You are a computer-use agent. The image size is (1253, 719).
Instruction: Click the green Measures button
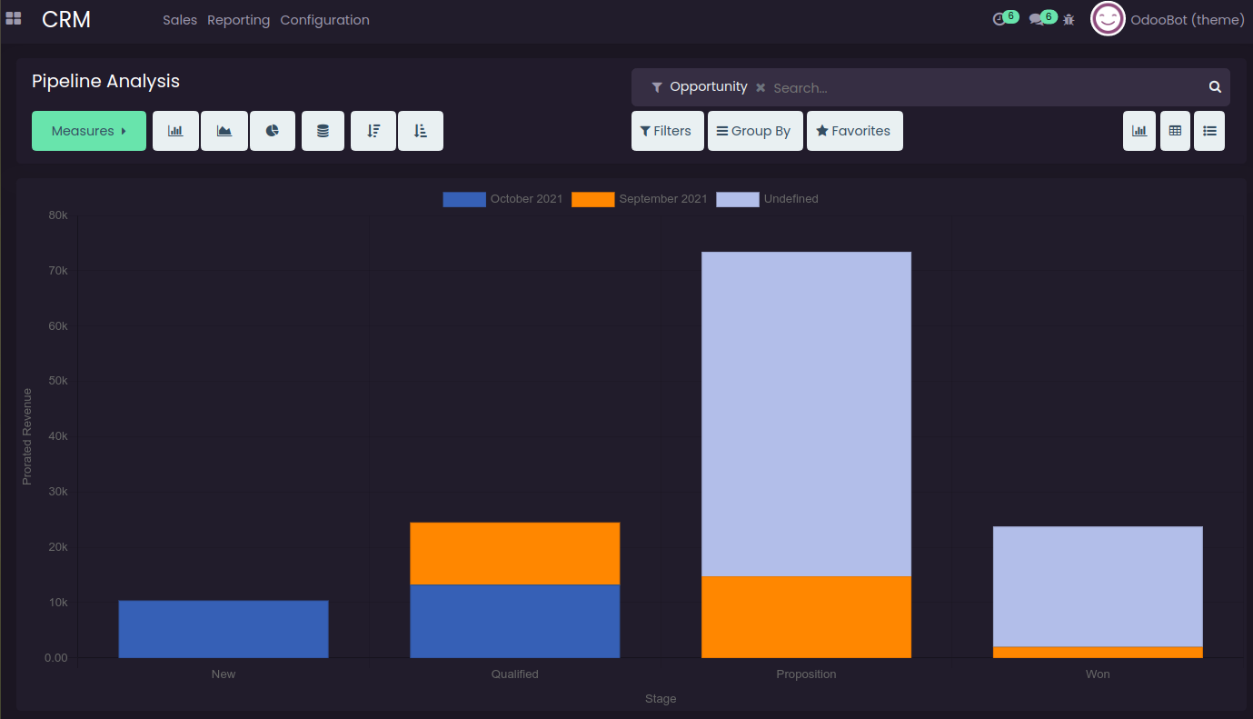88,131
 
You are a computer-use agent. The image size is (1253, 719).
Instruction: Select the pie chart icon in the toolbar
272,131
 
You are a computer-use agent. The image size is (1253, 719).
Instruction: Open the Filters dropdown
667,131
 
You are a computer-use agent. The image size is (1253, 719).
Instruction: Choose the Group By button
755,131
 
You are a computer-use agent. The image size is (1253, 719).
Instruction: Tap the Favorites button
854,131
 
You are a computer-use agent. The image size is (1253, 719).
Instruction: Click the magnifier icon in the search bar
1215,87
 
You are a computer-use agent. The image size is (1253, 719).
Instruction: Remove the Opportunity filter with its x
761,88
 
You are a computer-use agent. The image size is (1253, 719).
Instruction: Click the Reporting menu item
238,20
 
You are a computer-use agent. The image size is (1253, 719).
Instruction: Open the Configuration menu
324,20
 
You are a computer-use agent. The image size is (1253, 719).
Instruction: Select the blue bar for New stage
224,629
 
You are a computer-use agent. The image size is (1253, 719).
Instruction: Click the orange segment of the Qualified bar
515,554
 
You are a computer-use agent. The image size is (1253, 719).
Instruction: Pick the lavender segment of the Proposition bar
806,414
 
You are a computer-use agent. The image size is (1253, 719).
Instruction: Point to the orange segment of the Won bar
1098,652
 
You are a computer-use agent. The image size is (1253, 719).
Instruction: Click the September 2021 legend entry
640,199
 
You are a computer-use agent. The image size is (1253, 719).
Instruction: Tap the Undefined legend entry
768,199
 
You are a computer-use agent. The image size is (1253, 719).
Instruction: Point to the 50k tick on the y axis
57,382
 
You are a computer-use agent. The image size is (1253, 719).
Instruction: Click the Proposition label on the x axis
806,674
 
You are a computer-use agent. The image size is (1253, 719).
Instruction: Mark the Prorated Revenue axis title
27,436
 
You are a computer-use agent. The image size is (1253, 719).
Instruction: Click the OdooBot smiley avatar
1108,19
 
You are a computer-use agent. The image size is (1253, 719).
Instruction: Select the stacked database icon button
323,131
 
